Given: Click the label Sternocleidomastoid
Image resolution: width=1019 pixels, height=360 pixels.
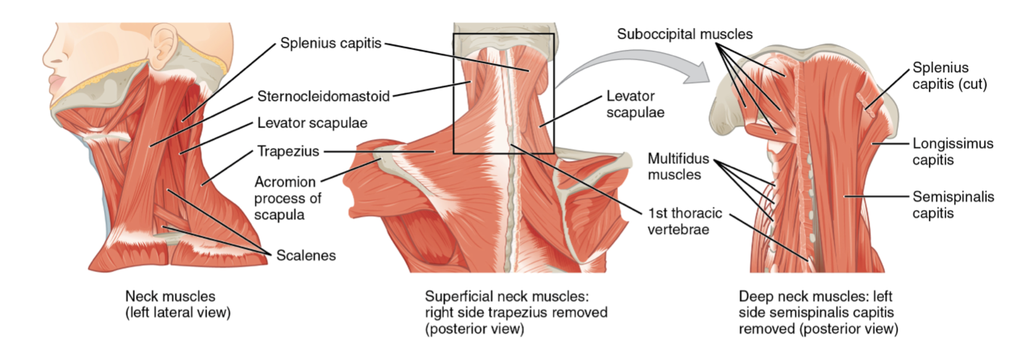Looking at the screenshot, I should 323,96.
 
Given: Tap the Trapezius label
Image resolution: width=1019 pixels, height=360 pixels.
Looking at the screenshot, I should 288,151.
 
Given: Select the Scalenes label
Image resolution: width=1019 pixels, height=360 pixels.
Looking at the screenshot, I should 306,255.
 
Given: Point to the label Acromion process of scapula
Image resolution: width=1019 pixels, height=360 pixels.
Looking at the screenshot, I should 288,198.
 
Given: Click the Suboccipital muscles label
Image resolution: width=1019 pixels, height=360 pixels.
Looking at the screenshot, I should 684,34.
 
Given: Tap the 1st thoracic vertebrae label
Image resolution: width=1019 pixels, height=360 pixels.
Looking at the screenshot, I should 684,221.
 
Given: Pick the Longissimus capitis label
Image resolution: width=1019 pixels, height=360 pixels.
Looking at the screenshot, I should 952,152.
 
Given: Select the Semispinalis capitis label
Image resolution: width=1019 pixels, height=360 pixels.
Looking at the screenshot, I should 953,205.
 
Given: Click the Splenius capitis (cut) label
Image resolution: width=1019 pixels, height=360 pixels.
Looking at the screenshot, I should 949,76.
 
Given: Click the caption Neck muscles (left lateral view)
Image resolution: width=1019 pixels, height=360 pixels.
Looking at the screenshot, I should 177,304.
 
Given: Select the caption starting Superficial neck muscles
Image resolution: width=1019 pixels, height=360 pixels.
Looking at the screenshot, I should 516,312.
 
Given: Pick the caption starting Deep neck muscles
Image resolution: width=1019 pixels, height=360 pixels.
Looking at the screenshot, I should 818,312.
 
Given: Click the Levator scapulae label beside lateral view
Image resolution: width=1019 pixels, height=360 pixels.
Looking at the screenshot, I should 312,123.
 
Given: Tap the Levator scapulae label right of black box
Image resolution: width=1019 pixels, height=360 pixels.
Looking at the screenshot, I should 635,104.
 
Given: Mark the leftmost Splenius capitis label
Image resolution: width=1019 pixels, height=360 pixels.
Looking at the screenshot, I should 330,43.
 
